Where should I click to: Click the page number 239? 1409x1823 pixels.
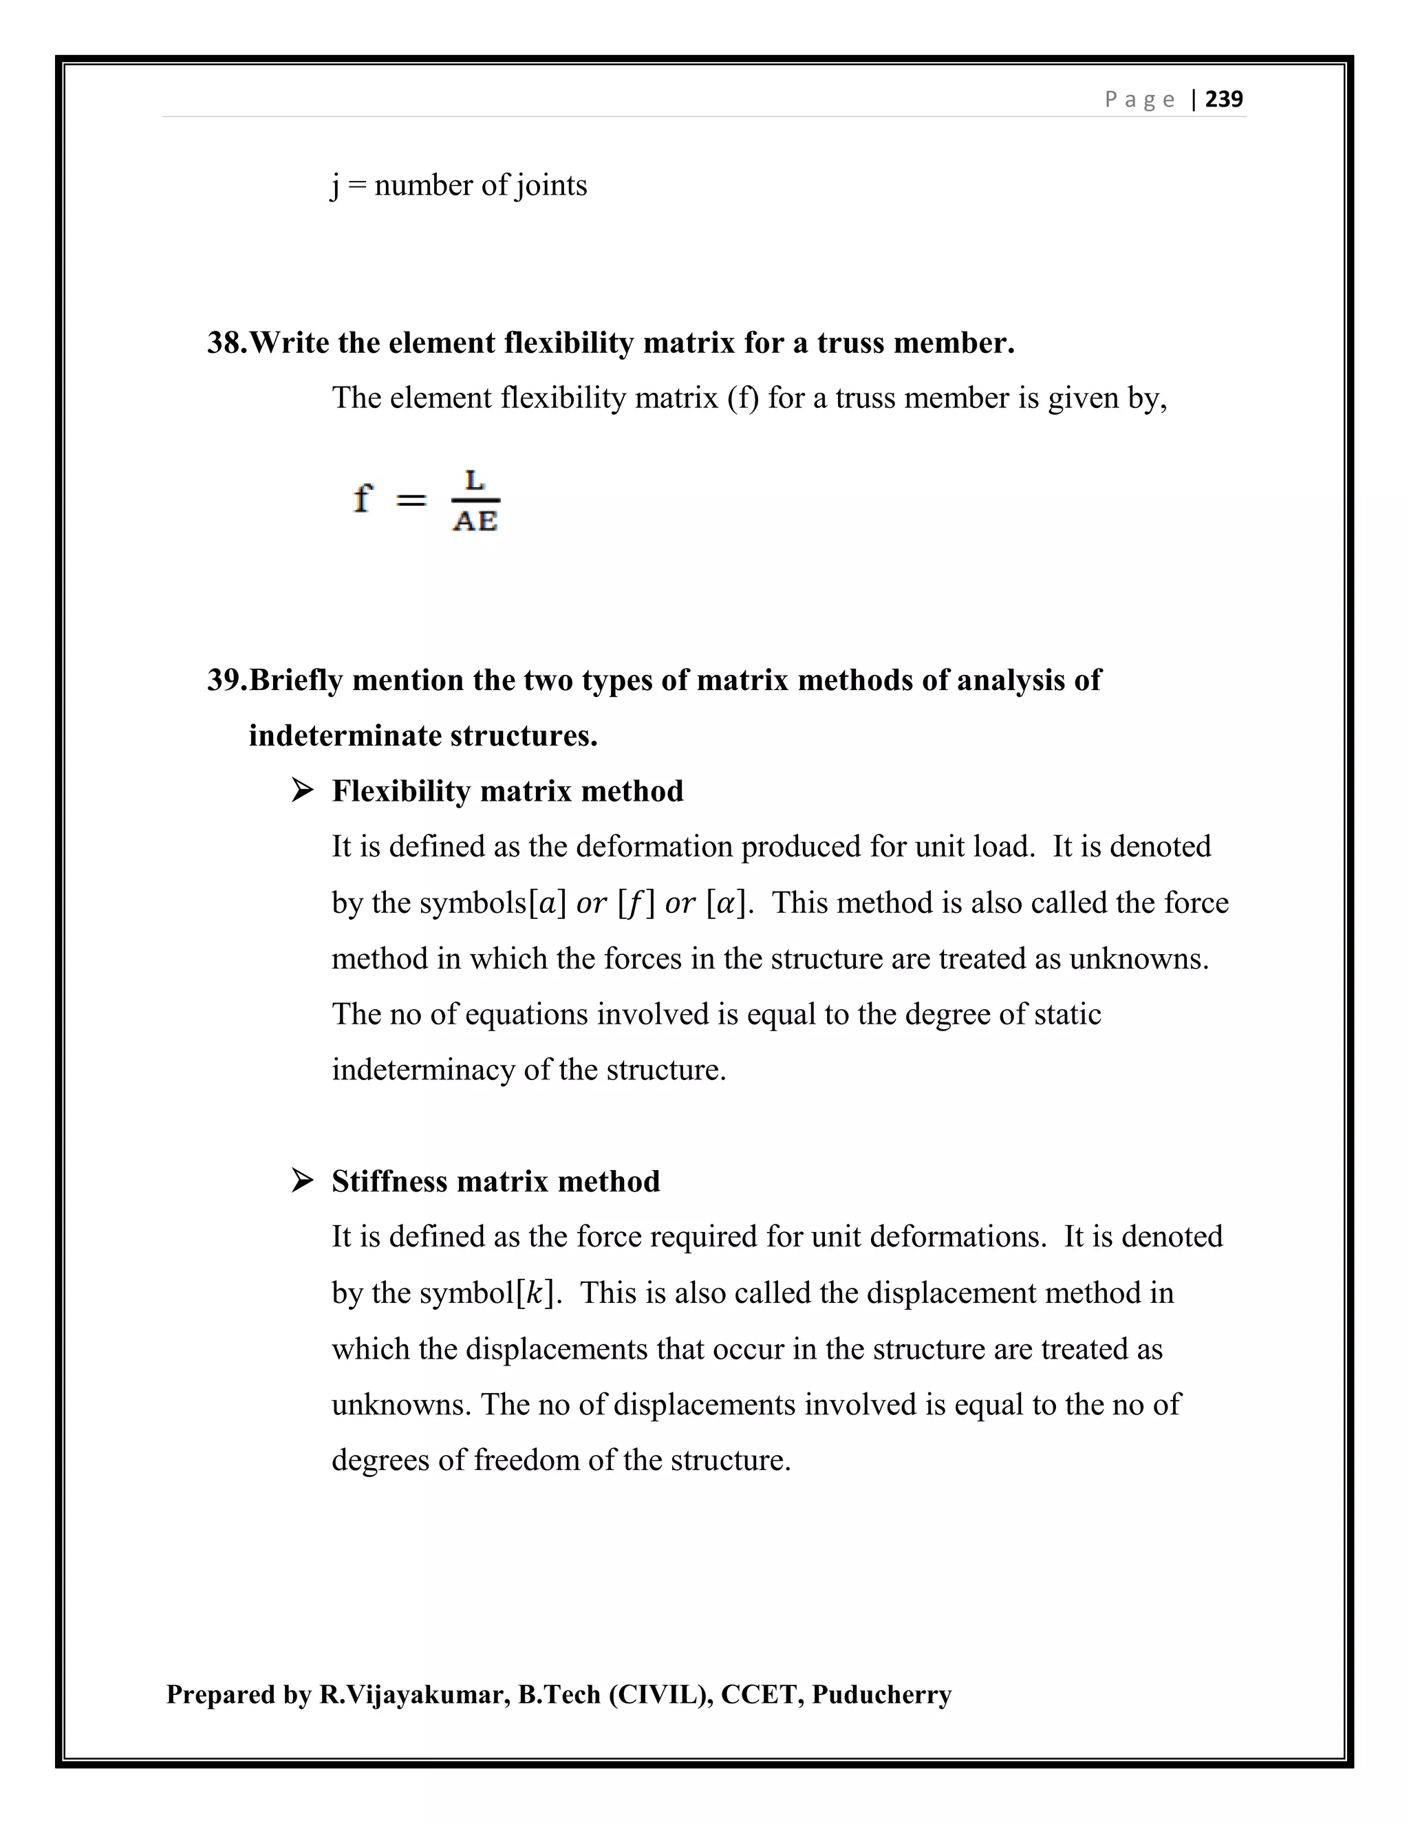point(1224,99)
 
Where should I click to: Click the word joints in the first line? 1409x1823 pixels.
point(551,185)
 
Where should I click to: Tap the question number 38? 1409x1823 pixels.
point(226,343)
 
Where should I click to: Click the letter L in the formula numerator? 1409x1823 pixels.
point(475,481)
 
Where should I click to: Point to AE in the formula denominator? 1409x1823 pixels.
point(475,521)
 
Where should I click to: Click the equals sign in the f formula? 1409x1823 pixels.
point(410,501)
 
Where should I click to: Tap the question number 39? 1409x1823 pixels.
point(226,680)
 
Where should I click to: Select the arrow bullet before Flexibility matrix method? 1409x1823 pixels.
point(302,790)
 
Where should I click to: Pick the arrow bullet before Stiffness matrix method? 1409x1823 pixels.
point(302,1180)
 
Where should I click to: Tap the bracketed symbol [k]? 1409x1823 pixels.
point(535,1293)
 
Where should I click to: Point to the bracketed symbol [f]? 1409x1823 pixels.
point(636,904)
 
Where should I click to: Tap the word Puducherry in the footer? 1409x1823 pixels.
point(881,1694)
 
